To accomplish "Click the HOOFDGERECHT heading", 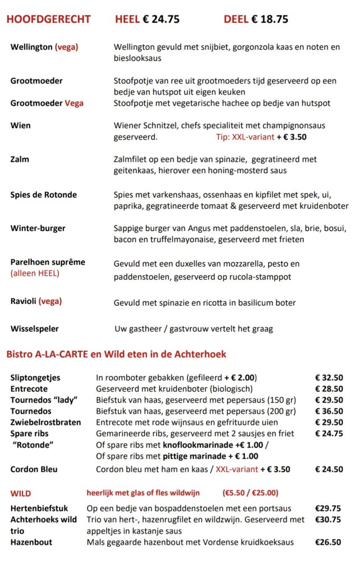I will pos(48,19).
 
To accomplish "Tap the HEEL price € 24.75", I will pos(147,19).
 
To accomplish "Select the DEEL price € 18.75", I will pos(256,19).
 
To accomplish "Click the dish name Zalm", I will pos(20,159).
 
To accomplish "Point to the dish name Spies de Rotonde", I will pos(44,195).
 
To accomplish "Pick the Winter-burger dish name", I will pos(38,228).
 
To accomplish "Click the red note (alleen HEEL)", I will pos(35,274).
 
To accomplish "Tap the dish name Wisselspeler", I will pos(34,328).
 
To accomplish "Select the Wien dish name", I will pos(20,125).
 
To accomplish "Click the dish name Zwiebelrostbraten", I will pos(45,422).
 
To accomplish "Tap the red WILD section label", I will pos(21,493).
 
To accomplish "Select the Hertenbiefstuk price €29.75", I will pos(328,508).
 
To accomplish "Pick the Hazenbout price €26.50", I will pos(328,542).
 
